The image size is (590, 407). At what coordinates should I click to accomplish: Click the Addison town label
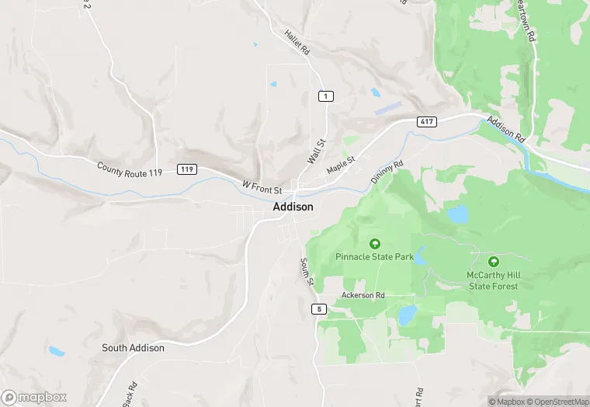[x=293, y=207]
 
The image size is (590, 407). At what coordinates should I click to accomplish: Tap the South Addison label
[x=133, y=348]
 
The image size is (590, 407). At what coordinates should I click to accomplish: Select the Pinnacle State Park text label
[x=374, y=256]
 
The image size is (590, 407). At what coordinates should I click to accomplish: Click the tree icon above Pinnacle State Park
[x=374, y=243]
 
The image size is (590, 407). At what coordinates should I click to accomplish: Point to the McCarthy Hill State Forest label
[x=494, y=280]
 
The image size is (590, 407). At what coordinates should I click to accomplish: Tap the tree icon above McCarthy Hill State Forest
[x=494, y=262]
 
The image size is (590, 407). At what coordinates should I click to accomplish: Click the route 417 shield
[x=425, y=122]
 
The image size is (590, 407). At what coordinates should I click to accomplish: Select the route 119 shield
[x=186, y=169]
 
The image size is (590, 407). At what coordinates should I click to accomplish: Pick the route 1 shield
[x=326, y=96]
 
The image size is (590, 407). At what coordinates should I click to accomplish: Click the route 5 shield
[x=319, y=309]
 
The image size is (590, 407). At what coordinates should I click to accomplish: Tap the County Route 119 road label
[x=130, y=167]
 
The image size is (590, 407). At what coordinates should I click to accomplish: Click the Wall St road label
[x=314, y=148]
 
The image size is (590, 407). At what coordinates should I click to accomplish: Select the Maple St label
[x=340, y=165]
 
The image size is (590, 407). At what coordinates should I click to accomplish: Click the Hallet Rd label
[x=297, y=42]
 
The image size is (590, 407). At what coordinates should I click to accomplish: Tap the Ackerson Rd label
[x=363, y=296]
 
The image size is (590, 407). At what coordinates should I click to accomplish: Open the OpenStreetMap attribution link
[x=556, y=402]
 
